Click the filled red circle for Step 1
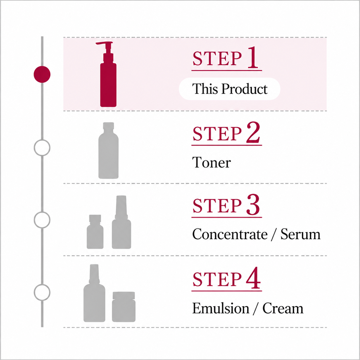tap(42, 74)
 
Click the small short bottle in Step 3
tap(95, 232)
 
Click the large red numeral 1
tap(253, 57)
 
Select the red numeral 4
tap(253, 278)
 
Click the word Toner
tap(212, 162)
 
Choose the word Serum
tap(300, 234)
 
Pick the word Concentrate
tap(230, 234)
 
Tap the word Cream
tap(283, 308)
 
